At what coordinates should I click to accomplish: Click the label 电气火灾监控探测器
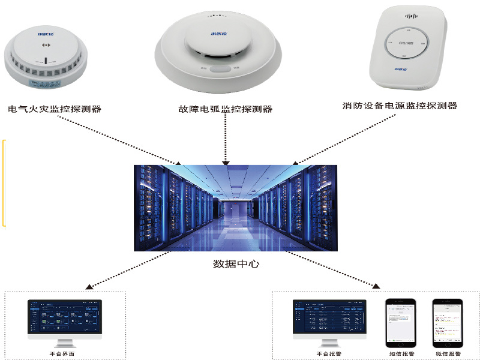[x=55, y=109]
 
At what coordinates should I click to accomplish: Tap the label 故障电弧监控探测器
[x=226, y=109]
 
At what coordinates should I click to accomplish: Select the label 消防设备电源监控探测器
[x=400, y=106]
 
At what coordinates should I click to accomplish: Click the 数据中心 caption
[x=236, y=263]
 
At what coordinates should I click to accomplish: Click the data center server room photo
[x=236, y=208]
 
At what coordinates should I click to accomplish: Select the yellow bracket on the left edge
[x=5, y=183]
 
